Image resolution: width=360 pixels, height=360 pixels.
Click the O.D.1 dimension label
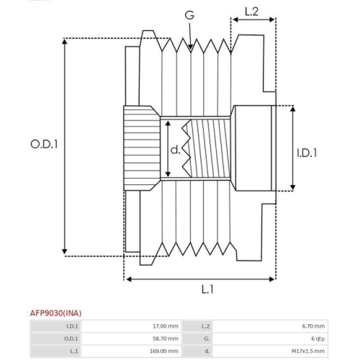point(44,144)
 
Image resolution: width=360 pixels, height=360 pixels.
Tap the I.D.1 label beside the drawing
point(307,153)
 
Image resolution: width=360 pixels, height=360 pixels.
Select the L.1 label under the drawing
point(207,289)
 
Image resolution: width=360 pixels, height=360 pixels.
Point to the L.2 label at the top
point(251,12)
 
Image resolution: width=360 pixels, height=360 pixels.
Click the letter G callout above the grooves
point(189,15)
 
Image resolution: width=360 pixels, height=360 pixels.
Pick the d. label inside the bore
point(175,150)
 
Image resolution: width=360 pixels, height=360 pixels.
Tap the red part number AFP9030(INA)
point(55,313)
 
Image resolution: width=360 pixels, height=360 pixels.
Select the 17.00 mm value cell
point(131,326)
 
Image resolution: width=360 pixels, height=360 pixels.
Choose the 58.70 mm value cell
point(131,338)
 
